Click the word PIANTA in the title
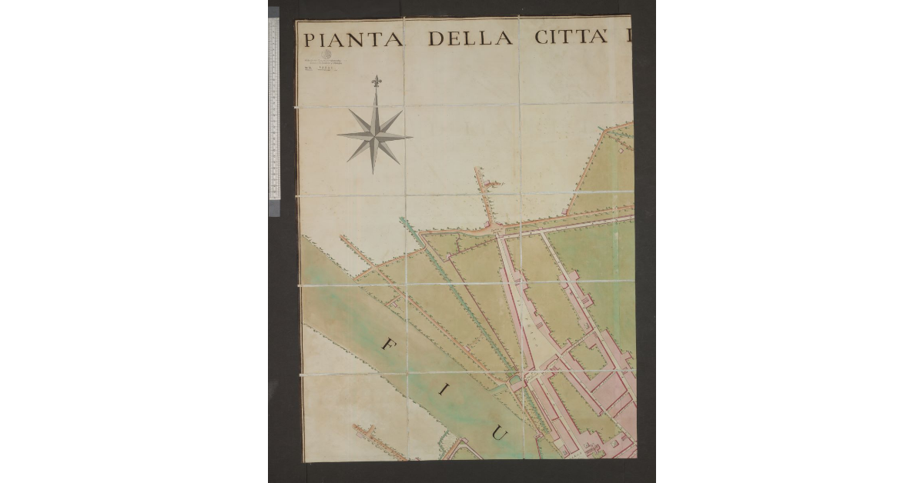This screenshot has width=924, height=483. tap(353, 39)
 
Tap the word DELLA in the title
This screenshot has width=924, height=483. tap(470, 38)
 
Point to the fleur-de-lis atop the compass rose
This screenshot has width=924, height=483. tap(376, 81)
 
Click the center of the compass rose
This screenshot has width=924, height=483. tap(375, 135)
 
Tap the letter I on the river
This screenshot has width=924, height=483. tap(443, 391)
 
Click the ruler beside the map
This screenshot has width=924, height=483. tap(273, 108)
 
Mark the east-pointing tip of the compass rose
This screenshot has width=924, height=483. tap(411, 138)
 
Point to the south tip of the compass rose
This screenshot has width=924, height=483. tap(373, 173)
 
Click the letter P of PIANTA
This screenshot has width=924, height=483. tap(309, 39)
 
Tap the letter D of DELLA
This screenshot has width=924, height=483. tap(437, 38)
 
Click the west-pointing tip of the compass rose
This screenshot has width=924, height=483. tap(338, 135)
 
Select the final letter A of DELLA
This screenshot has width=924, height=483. tap(504, 38)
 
